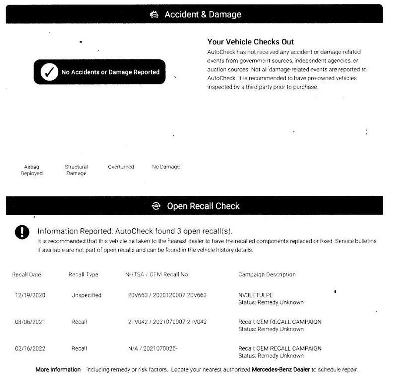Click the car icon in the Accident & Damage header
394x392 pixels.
tap(154, 15)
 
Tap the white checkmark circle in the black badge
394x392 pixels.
tap(49, 72)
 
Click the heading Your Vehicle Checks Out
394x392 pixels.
tap(250, 42)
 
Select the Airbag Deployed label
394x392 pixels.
tap(32, 170)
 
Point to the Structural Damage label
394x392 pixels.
tap(76, 170)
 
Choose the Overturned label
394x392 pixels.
tap(121, 167)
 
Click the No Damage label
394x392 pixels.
tap(166, 167)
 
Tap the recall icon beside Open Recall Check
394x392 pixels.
tap(156, 206)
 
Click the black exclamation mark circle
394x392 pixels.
tap(22, 232)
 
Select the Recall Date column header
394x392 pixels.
tap(27, 274)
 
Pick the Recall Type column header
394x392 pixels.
tap(83, 274)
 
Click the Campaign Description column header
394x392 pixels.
tap(267, 274)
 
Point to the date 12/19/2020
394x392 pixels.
tap(30, 295)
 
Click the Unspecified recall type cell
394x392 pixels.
tap(86, 295)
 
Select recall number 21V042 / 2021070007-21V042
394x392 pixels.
tap(167, 322)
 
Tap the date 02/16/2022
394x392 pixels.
tap(30, 348)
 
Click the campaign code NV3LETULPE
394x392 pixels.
tap(255, 295)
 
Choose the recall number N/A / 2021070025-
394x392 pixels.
tap(153, 348)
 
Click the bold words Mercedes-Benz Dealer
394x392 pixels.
tap(280, 369)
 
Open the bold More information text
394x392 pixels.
tap(58, 369)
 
